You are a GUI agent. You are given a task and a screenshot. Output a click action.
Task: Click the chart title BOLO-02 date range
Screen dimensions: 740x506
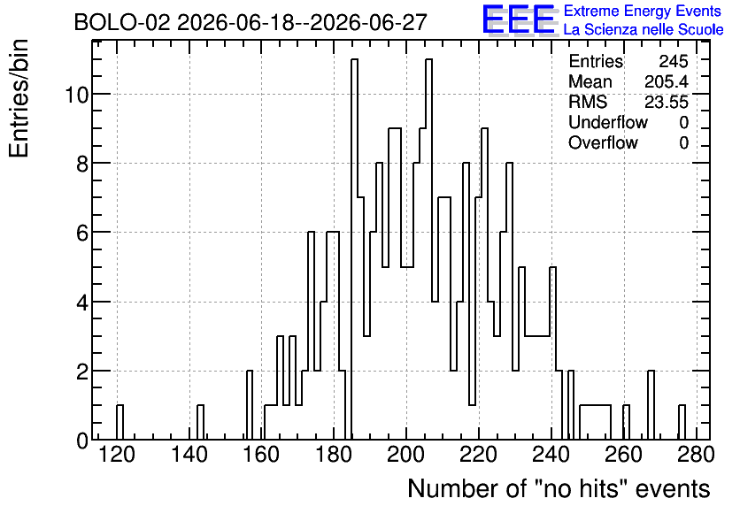tap(251, 22)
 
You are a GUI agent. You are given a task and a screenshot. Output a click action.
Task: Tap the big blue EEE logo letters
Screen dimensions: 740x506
tap(519, 19)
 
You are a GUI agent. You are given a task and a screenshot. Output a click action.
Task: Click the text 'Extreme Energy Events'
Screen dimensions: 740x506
tap(643, 11)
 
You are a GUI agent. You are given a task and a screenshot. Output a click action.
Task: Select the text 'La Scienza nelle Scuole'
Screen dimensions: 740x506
tap(644, 30)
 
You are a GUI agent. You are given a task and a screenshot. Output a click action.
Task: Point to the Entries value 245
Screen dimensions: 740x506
tap(674, 61)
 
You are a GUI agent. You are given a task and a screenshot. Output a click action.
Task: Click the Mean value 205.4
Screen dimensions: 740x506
tap(667, 81)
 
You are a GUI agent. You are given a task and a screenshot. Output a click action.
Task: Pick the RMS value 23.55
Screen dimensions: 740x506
tap(667, 102)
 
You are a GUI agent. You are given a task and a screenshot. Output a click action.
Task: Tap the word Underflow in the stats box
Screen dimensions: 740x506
tap(608, 122)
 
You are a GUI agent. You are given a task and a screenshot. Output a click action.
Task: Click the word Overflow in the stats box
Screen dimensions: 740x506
tap(603, 142)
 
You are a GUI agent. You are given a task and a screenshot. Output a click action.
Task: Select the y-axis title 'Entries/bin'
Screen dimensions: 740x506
tap(19, 98)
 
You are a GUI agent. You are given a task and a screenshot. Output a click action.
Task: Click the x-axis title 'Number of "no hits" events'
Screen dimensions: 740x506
tap(559, 488)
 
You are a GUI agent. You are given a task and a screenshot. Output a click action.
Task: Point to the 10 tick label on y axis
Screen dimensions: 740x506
tap(76, 95)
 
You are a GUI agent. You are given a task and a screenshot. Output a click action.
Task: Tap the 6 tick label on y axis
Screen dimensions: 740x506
tap(82, 233)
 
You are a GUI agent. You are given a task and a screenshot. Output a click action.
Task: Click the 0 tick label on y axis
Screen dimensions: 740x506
tap(82, 441)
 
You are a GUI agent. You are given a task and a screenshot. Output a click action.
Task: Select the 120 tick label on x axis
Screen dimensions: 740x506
tap(117, 455)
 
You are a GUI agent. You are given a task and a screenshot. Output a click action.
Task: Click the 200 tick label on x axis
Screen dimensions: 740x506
tap(406, 455)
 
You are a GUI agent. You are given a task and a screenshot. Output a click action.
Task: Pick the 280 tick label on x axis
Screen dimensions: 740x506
tap(695, 455)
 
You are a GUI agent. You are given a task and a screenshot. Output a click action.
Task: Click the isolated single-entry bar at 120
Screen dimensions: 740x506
tap(119, 422)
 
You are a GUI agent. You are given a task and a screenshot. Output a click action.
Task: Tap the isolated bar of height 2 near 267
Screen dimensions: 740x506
tap(651, 405)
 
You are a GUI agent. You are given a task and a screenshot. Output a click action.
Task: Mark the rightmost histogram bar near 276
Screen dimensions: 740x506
tap(682, 422)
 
